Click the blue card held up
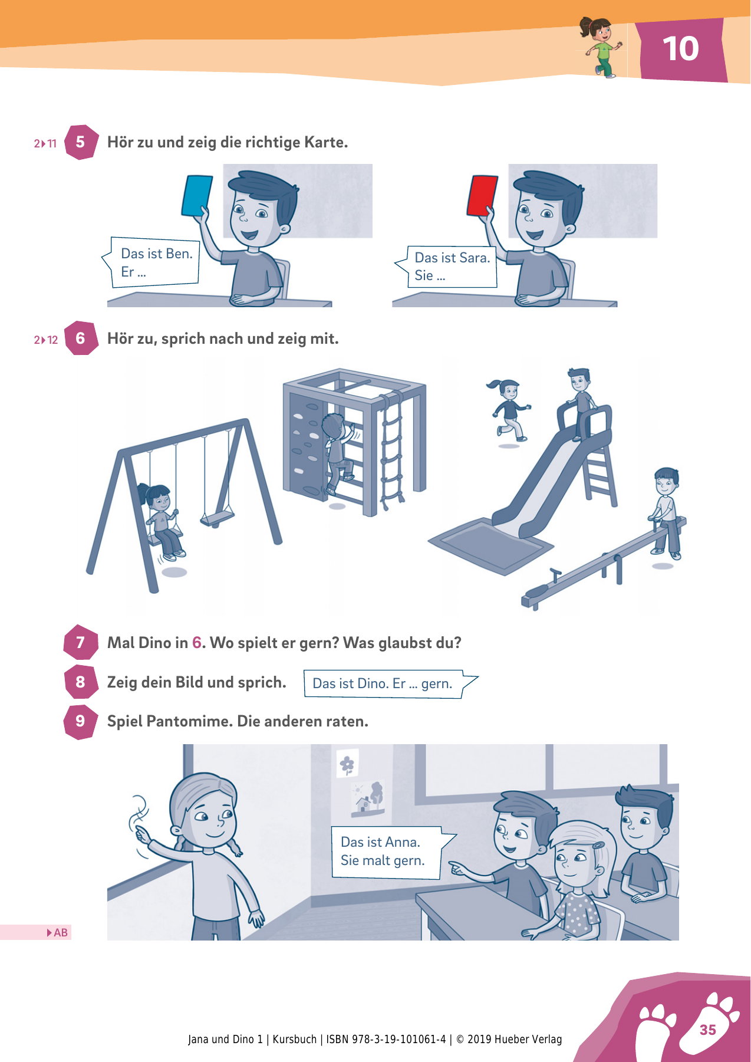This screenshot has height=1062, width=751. [x=197, y=196]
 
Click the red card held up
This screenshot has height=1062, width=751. [x=482, y=195]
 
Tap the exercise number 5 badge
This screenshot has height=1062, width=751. [x=81, y=142]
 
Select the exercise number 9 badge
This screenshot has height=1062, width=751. [x=81, y=721]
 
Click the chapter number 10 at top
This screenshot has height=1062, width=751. [x=681, y=48]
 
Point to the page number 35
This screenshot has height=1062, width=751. [x=707, y=1030]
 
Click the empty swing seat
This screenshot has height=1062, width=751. [x=217, y=519]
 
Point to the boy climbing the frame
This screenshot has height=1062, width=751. [x=338, y=453]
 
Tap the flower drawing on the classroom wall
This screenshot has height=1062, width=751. [x=347, y=765]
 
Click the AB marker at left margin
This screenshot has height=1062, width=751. [x=57, y=932]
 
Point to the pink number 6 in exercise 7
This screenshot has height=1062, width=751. [x=197, y=643]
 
